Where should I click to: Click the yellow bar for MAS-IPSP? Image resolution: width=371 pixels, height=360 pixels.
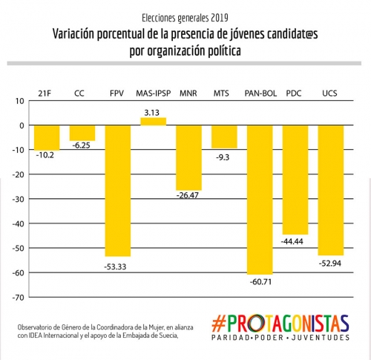pyautogui.click(x=154, y=122)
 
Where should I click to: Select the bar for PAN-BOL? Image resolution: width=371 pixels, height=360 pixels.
pyautogui.click(x=260, y=200)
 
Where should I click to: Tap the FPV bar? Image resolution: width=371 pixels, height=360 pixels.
pyautogui.click(x=118, y=191)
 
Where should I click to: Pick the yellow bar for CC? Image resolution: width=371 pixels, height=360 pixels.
pyautogui.click(x=82, y=133)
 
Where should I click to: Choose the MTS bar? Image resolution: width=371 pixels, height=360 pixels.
pyautogui.click(x=224, y=137)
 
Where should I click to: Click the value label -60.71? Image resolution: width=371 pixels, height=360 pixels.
pyautogui.click(x=260, y=282)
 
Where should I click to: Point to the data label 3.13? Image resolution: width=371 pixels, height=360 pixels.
pyautogui.click(x=152, y=113)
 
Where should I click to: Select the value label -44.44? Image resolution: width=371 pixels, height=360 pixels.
pyautogui.click(x=292, y=241)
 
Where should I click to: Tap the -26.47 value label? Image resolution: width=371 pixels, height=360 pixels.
pyautogui.click(x=188, y=195)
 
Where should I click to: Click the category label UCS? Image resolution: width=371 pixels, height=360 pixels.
pyautogui.click(x=329, y=94)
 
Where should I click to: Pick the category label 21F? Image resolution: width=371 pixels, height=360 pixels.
pyautogui.click(x=45, y=94)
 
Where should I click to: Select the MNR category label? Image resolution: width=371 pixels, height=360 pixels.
pyautogui.click(x=188, y=94)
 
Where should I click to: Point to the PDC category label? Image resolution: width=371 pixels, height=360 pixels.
pyautogui.click(x=294, y=94)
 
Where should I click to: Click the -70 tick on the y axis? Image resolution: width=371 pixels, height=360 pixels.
pyautogui.click(x=19, y=298)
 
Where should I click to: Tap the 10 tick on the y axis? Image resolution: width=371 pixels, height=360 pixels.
pyautogui.click(x=20, y=101)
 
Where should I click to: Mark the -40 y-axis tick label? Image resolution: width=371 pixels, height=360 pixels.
pyautogui.click(x=19, y=224)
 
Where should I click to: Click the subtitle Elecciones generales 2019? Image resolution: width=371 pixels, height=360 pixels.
pyautogui.click(x=185, y=18)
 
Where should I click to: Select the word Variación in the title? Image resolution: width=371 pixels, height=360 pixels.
pyautogui.click(x=73, y=34)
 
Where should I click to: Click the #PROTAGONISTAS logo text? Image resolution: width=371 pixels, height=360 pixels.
pyautogui.click(x=280, y=323)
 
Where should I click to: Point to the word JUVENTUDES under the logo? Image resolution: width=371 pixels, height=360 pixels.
pyautogui.click(x=321, y=338)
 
